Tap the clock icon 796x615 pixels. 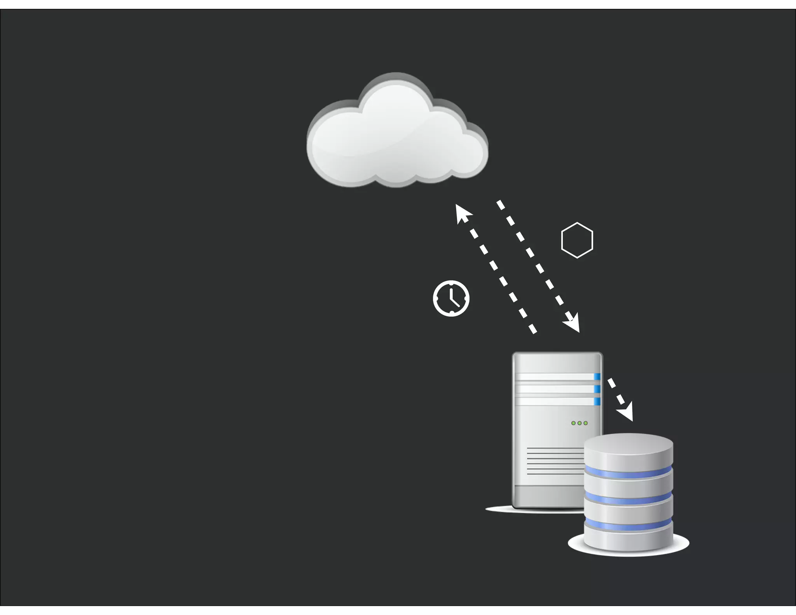(x=451, y=298)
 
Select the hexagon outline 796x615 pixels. (x=577, y=240)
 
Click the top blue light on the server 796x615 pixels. (x=597, y=376)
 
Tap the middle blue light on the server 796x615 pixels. (x=597, y=389)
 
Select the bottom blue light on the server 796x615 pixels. (x=597, y=401)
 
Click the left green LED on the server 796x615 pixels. (x=573, y=423)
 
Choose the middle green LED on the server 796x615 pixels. (x=580, y=423)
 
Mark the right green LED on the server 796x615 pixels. (x=586, y=423)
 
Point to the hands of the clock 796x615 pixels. (x=452, y=299)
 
